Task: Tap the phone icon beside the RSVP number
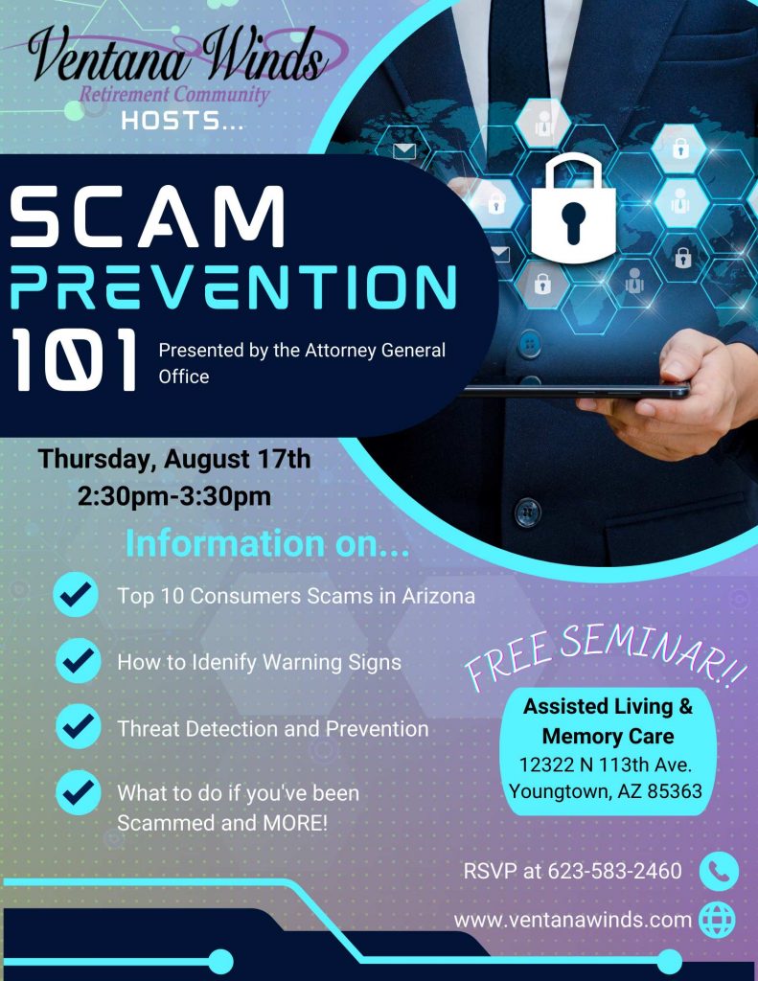pos(719,871)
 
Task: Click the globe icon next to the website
pos(717,920)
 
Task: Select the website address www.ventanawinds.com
pos(573,921)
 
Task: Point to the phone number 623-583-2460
pos(614,871)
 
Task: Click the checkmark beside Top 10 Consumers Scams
pos(76,594)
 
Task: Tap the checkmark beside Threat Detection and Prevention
pos(78,726)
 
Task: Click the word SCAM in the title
pos(148,217)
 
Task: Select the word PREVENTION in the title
pos(233,286)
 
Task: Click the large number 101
pos(74,360)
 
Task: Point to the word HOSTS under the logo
pos(182,120)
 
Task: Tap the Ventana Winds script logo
pos(178,62)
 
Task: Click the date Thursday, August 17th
pos(174,459)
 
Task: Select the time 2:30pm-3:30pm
pos(174,496)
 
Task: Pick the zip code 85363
pos(675,791)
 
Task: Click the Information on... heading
pos(267,543)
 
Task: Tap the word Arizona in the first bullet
pos(438,596)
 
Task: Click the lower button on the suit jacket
pos(527,512)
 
